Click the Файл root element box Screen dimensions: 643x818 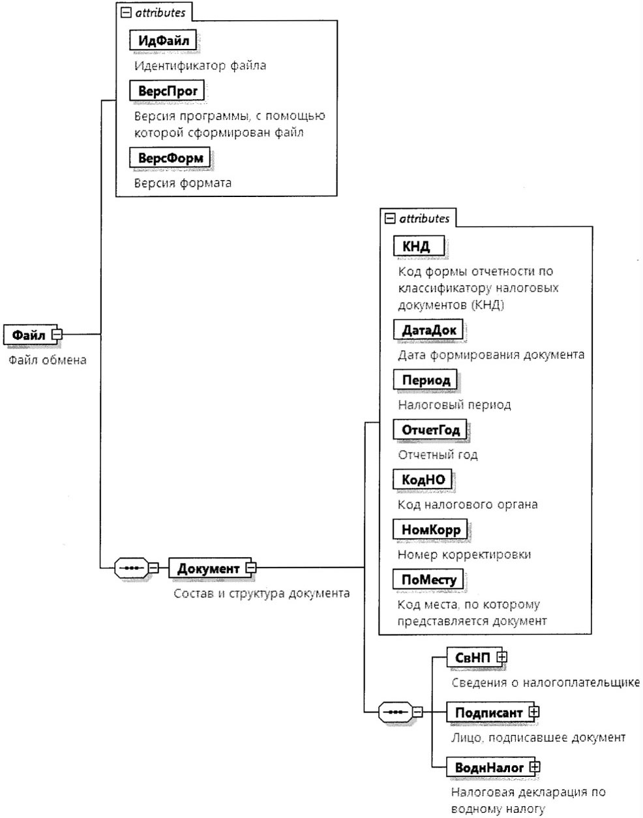(x=30, y=335)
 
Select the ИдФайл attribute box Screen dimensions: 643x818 (x=163, y=40)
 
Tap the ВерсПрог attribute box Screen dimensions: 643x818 (x=167, y=91)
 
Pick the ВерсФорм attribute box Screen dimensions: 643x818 (x=170, y=157)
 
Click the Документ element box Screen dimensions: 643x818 (x=210, y=568)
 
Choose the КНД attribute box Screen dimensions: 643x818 (x=419, y=246)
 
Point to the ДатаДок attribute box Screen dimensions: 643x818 (x=428, y=329)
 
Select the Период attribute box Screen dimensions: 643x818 (x=425, y=380)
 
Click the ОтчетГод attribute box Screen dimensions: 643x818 (x=430, y=429)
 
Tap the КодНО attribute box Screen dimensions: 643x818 (x=423, y=479)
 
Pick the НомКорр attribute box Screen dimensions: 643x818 (x=430, y=529)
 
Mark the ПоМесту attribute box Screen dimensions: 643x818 (x=428, y=579)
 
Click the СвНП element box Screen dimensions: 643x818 (x=474, y=658)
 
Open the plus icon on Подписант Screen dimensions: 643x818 (x=534, y=712)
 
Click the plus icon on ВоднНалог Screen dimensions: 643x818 (x=535, y=766)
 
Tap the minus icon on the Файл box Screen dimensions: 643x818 (x=57, y=335)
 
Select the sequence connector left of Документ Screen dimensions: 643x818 (x=132, y=568)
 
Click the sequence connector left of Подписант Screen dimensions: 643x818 (x=396, y=712)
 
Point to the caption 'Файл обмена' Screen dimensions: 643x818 (x=48, y=359)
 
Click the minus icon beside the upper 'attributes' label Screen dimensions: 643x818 (x=126, y=13)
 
